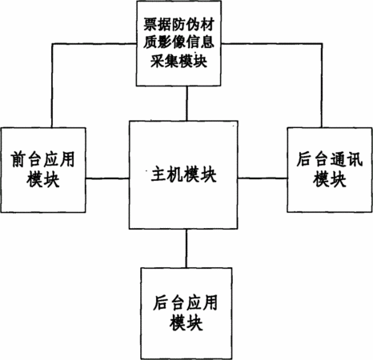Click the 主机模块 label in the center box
[x=183, y=175]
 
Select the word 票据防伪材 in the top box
[x=178, y=25]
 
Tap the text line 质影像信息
[x=178, y=42]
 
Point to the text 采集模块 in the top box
[x=178, y=61]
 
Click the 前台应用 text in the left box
[x=42, y=159]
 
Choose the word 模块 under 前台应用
[x=42, y=179]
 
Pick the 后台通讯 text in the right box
[x=330, y=159]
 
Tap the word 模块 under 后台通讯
[x=330, y=179]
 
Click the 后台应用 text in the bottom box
[x=186, y=303]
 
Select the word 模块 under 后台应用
[x=186, y=322]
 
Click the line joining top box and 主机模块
[x=186, y=103]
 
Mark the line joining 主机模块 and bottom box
[x=186, y=249]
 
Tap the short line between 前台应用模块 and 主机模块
[x=107, y=178]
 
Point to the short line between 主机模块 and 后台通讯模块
[x=263, y=178]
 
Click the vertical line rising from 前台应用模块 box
[x=52, y=86]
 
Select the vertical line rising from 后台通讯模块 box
[x=322, y=86]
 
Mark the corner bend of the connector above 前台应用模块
[x=52, y=44]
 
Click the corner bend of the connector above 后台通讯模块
[x=322, y=44]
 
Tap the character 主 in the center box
[x=159, y=175]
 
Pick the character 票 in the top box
[x=150, y=25]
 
